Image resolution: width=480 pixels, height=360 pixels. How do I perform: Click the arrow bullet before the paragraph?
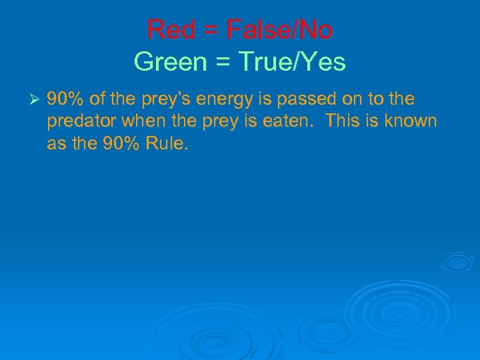tap(37, 100)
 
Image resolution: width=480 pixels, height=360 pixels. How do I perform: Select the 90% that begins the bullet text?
tap(65, 99)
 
